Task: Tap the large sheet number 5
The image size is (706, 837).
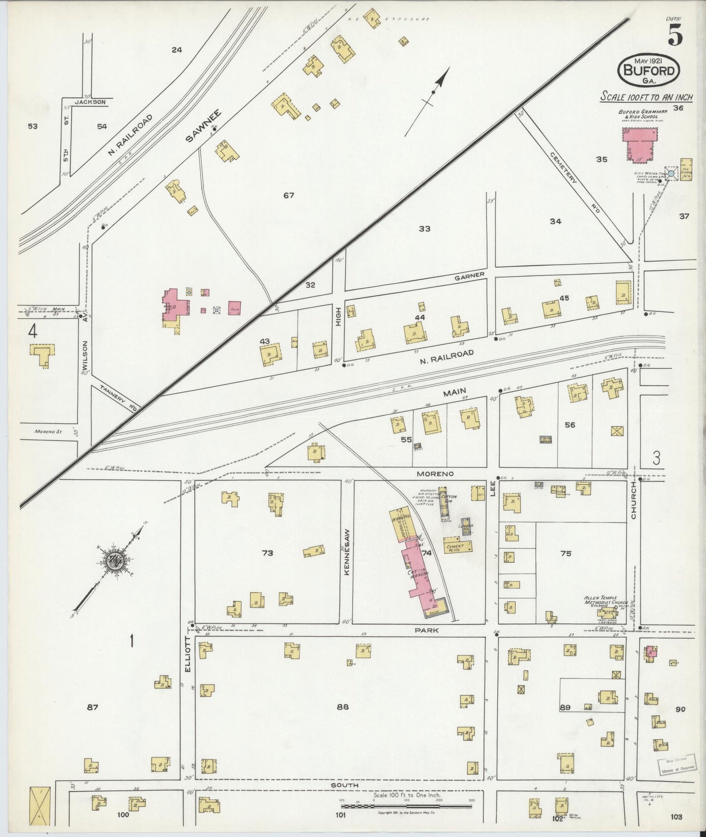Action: pos(676,35)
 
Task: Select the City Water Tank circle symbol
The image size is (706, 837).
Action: pos(671,173)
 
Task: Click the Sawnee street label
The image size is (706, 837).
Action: pos(203,126)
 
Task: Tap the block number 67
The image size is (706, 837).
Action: pos(289,195)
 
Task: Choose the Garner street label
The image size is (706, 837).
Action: pos(469,275)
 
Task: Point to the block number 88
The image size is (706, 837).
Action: pos(342,707)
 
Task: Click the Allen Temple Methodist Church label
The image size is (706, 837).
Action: pos(601,601)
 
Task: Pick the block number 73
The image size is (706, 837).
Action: pos(267,553)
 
